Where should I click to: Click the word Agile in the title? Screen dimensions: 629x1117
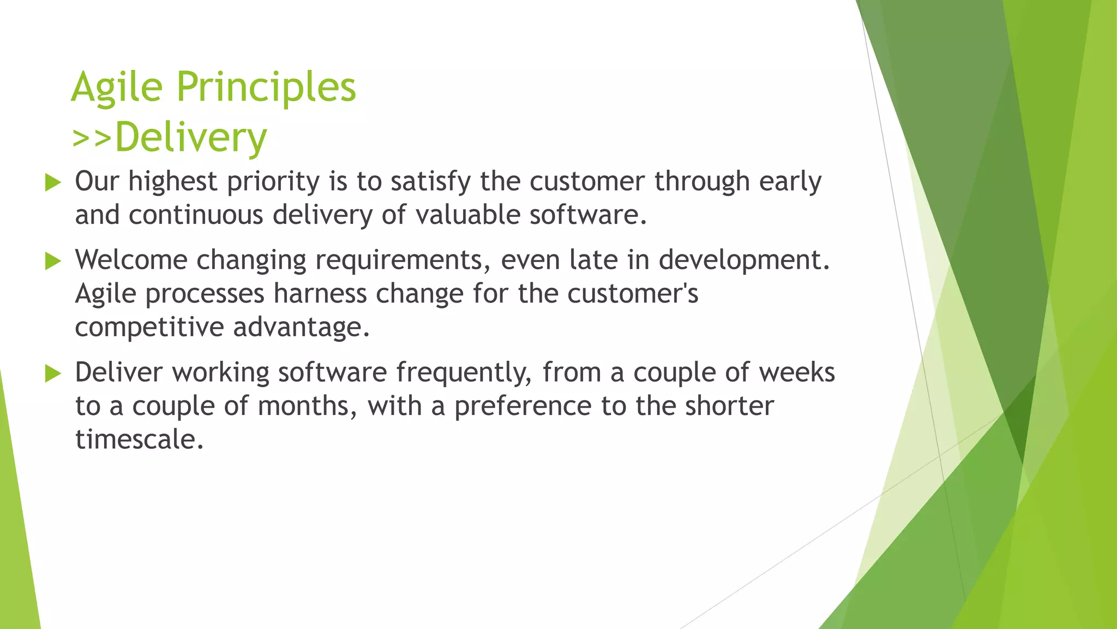click(117, 87)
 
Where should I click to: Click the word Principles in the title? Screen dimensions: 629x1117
click(266, 87)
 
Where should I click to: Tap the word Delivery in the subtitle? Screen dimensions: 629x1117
click(191, 138)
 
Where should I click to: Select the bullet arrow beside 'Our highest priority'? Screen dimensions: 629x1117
click(53, 182)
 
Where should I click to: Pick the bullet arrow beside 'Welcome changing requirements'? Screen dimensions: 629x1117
click(53, 261)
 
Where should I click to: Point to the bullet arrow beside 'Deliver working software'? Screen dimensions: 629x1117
click(53, 374)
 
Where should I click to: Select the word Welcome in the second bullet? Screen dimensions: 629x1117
click(131, 260)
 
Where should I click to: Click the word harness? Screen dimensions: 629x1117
click(320, 294)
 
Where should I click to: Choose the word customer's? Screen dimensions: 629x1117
click(633, 294)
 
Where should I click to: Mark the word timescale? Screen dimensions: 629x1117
click(139, 440)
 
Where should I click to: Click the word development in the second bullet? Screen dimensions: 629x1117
click(743, 261)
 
